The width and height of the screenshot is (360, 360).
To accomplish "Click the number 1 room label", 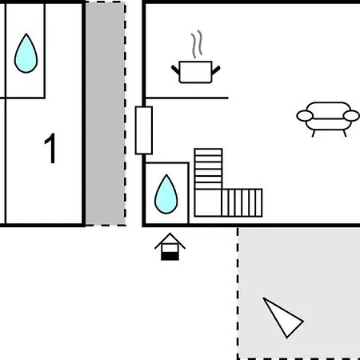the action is (x=50, y=148).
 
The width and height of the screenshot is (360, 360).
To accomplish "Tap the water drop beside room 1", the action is (x=26, y=54).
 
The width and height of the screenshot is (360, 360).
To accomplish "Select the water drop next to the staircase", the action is (x=166, y=194).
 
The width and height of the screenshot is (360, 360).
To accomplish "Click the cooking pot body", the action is (x=195, y=72).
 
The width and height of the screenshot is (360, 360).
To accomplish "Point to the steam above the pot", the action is (x=197, y=44).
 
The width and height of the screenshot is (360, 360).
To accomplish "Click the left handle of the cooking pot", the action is (x=175, y=70).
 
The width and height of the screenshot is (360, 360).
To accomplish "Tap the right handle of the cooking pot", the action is (x=216, y=70).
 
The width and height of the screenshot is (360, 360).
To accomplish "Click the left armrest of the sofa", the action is (x=305, y=116).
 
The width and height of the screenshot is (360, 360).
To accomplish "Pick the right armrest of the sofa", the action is (x=351, y=116).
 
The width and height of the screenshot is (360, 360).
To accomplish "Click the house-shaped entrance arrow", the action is (x=170, y=246).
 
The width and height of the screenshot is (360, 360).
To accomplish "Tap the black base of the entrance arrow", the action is (x=170, y=257).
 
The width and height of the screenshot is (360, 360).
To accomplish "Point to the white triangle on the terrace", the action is (x=282, y=318).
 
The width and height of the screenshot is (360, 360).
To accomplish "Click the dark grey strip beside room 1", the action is (x=105, y=114).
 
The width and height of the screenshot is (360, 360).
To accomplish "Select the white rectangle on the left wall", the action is (x=144, y=130).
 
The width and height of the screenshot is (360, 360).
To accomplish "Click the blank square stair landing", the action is (x=208, y=202).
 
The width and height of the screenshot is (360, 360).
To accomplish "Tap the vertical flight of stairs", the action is (x=208, y=169).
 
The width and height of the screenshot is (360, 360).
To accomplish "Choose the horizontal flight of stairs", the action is (x=242, y=202).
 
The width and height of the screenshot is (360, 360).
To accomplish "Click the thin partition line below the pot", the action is (x=187, y=98).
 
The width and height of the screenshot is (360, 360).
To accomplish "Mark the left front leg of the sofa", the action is (x=314, y=134).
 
